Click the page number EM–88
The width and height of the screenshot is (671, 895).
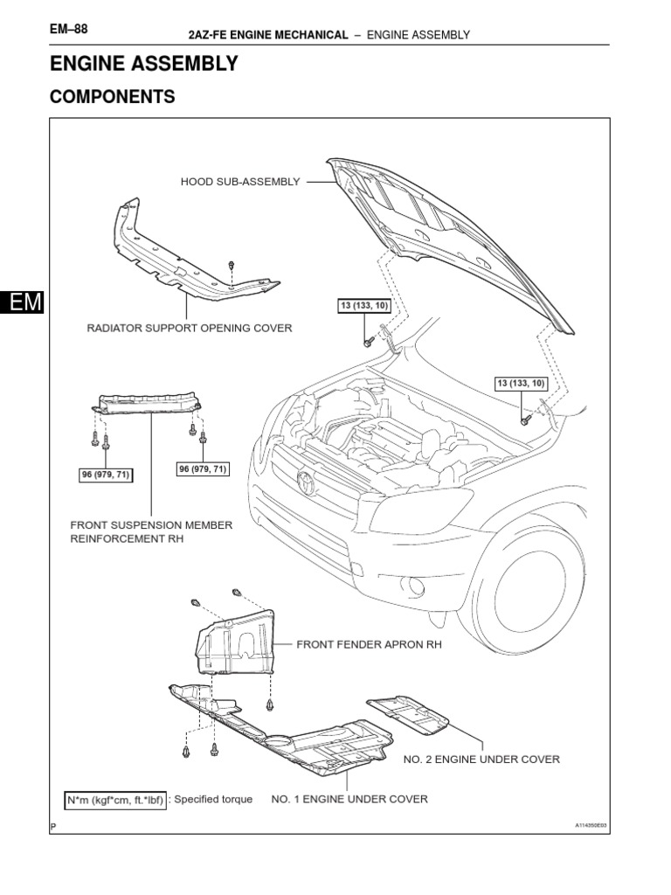[69, 29]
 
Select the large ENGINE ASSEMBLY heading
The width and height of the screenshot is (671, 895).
[143, 64]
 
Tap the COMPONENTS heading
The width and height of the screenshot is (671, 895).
[112, 97]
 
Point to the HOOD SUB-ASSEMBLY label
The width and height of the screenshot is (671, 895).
[240, 182]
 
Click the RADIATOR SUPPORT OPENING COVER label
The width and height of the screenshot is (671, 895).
[189, 329]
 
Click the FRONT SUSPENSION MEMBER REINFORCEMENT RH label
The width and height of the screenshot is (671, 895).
[151, 532]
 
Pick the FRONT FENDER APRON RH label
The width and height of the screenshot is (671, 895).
[370, 645]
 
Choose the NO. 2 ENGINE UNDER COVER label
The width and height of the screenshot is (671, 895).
[481, 760]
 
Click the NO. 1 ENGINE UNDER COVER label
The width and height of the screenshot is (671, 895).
[349, 799]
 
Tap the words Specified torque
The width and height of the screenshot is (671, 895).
[213, 800]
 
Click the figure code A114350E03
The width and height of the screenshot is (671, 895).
[591, 825]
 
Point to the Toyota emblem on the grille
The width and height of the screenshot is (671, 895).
[306, 481]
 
